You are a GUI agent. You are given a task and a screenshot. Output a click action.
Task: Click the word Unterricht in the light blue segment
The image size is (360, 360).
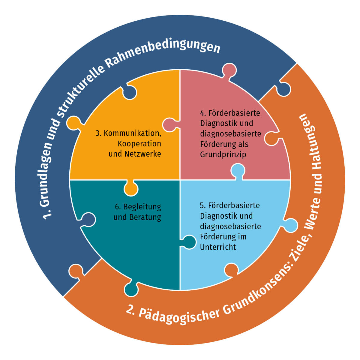click(x=218, y=247)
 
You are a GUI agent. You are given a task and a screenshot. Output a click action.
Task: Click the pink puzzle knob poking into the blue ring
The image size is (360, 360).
click(x=229, y=70)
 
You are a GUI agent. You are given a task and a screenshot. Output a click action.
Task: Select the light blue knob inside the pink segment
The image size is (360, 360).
click(x=238, y=171)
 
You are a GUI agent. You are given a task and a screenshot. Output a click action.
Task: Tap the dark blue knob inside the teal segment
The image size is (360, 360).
click(x=88, y=220)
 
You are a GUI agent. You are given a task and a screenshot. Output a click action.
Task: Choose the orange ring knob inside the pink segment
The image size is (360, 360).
click(x=271, y=138)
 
